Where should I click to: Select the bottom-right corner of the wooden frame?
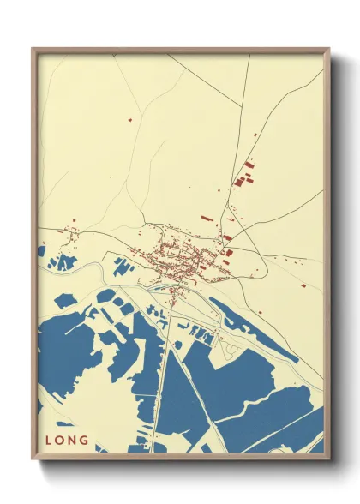(x=328, y=458)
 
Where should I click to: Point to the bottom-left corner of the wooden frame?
(x=33, y=458)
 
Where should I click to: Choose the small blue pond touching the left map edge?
(x=41, y=251)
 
